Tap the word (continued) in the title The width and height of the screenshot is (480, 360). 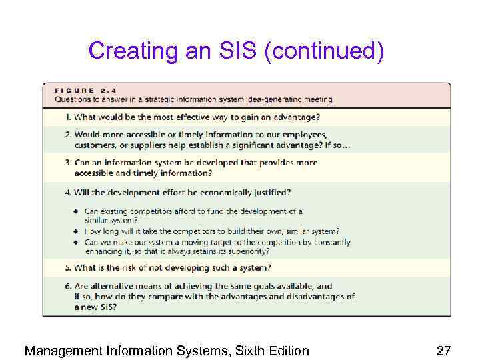[324, 51]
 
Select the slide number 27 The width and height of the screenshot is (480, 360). [444, 351]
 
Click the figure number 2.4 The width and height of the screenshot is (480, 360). [105, 91]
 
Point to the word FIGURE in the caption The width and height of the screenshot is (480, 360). [74, 91]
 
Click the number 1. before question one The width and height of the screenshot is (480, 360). [69, 117]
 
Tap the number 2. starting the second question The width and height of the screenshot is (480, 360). [69, 134]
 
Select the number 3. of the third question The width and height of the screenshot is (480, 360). [69, 163]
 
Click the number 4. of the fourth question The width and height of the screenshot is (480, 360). [69, 193]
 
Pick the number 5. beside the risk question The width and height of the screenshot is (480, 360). [69, 268]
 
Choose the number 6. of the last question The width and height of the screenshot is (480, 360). [69, 285]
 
